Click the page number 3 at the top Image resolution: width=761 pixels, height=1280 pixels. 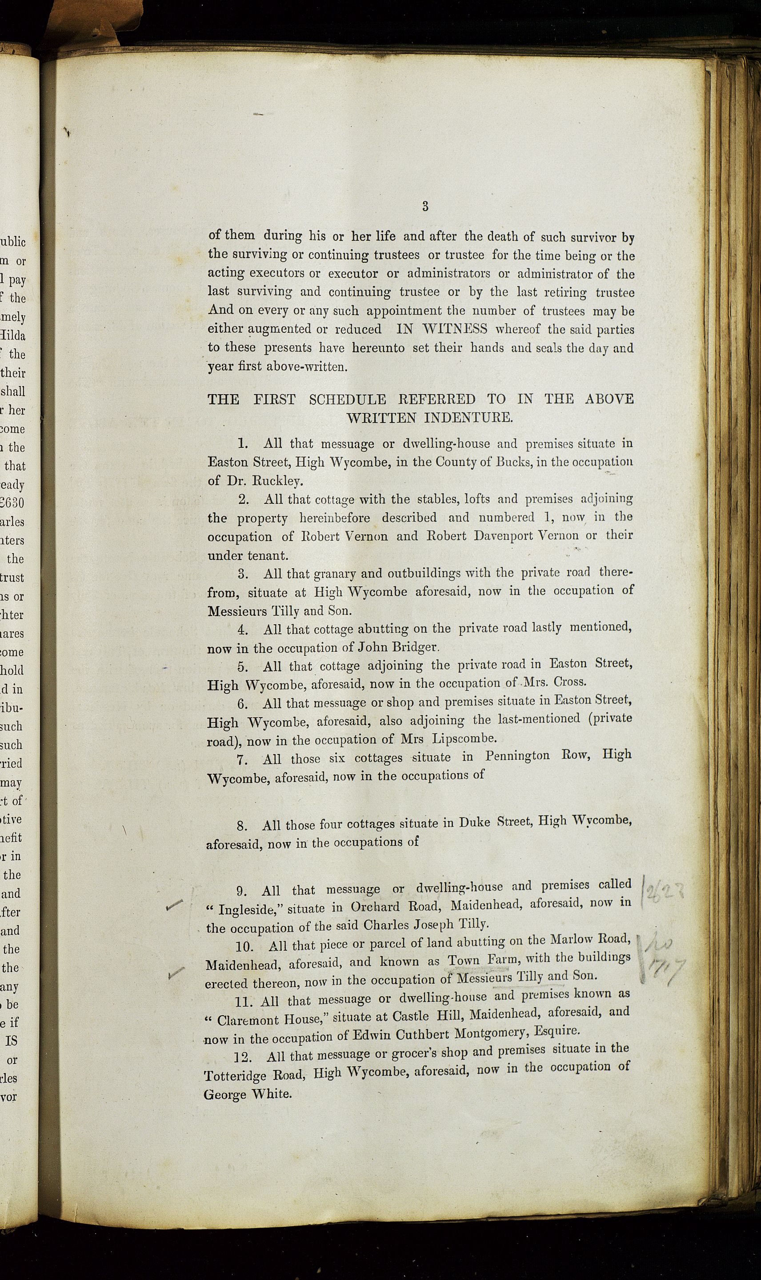click(425, 207)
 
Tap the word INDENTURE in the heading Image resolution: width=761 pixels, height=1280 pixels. click(468, 418)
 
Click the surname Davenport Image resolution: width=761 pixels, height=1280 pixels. click(480, 535)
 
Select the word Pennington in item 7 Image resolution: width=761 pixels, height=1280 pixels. click(518, 756)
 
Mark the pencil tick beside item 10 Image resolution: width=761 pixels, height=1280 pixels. click(176, 972)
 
